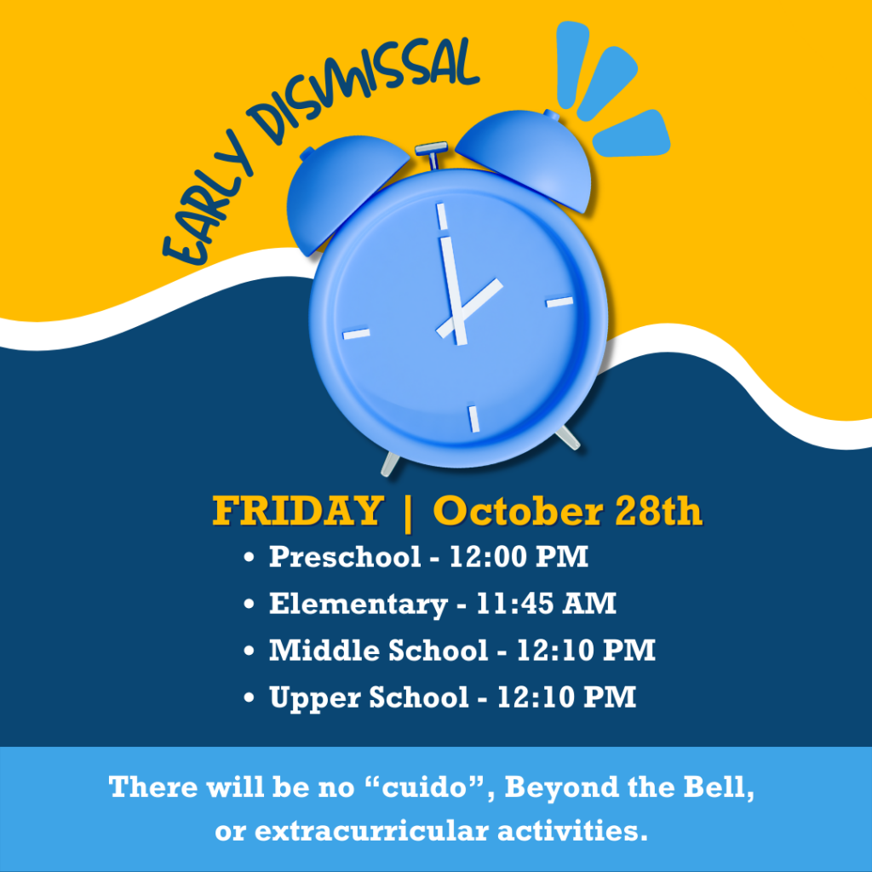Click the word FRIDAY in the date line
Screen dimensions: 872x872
[x=298, y=511]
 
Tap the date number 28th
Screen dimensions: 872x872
[x=658, y=511]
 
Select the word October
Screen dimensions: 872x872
[x=518, y=511]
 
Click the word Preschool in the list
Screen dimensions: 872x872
[x=345, y=557]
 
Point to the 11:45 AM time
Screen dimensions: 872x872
[x=546, y=604]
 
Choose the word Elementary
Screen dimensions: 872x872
[x=359, y=605]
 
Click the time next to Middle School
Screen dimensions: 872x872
[x=586, y=650]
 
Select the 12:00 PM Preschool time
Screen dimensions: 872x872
[x=519, y=557]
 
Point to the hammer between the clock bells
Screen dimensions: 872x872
[x=432, y=155]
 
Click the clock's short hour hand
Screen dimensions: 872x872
[x=470, y=307]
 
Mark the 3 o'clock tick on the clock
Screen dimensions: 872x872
[x=559, y=302]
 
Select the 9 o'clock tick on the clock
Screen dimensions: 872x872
[x=357, y=334]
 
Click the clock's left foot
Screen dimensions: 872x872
[x=390, y=464]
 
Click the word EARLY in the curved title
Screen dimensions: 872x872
[x=207, y=200]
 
